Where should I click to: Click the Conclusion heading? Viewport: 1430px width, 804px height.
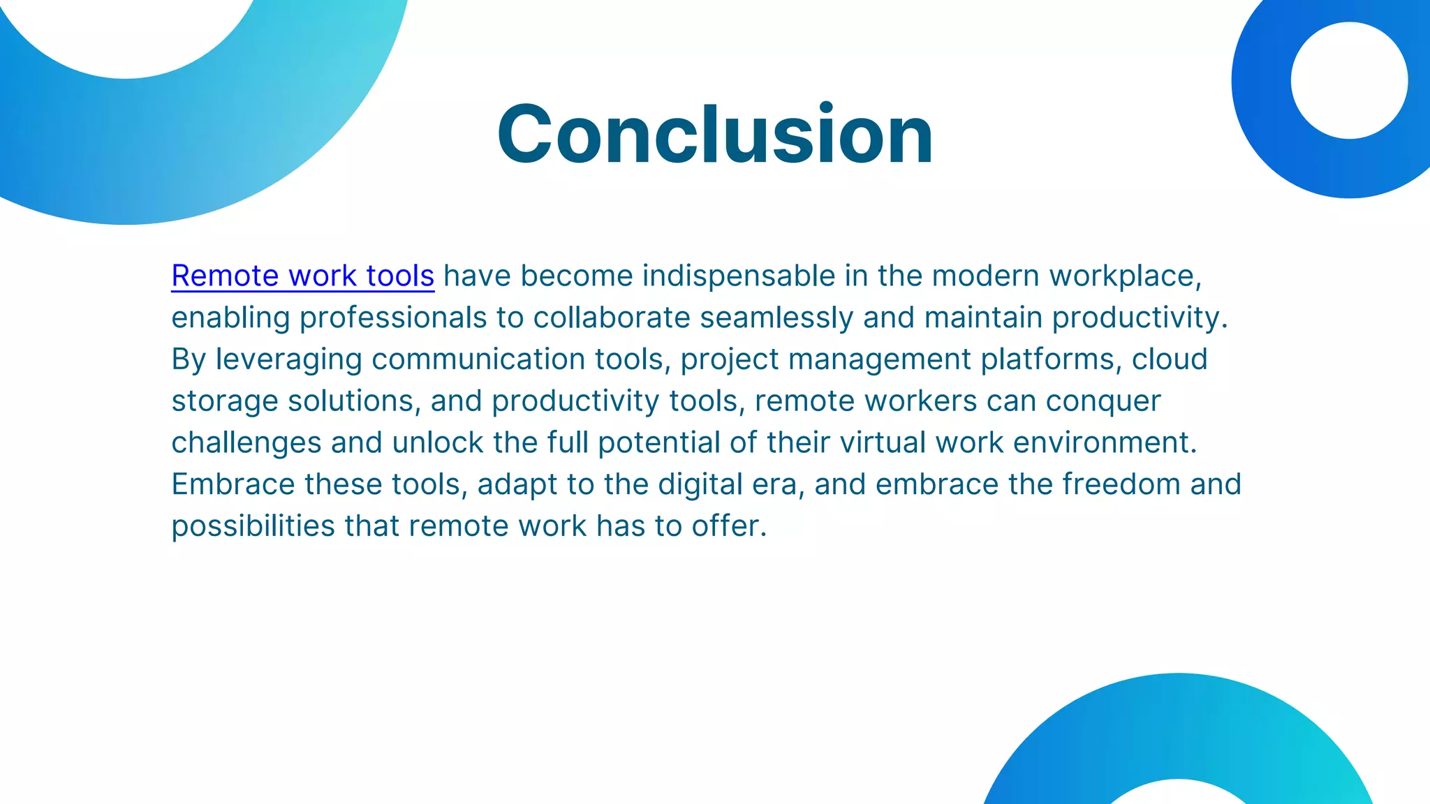715,134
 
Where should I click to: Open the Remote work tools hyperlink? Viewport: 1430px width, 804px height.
302,276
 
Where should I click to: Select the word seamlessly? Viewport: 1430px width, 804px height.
776,318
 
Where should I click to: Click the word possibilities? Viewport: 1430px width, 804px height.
253,527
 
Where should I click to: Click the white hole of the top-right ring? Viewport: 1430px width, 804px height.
1349,80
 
